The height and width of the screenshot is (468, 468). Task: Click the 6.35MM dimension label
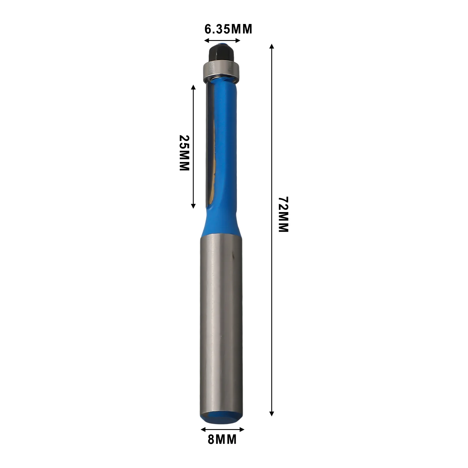(x=228, y=29)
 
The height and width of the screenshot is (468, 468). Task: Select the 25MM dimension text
(x=184, y=153)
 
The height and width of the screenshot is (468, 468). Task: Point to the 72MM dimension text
(x=283, y=214)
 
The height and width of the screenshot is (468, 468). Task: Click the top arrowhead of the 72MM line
(x=272, y=46)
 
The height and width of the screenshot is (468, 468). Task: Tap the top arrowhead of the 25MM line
(x=193, y=87)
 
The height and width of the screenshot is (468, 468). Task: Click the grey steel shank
(x=219, y=322)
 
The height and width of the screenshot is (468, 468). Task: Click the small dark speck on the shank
(x=233, y=256)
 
